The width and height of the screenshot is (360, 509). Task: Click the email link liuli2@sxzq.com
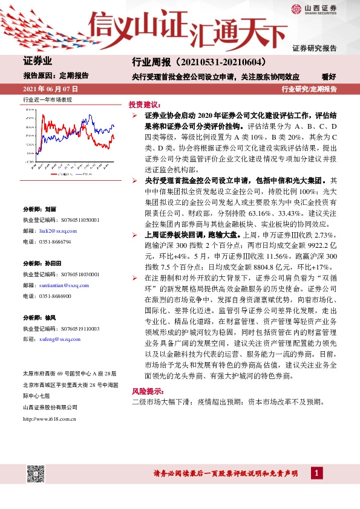click(62, 232)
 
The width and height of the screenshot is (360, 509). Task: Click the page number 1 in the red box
click(316, 473)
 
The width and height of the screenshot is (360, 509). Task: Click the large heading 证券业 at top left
click(38, 61)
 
